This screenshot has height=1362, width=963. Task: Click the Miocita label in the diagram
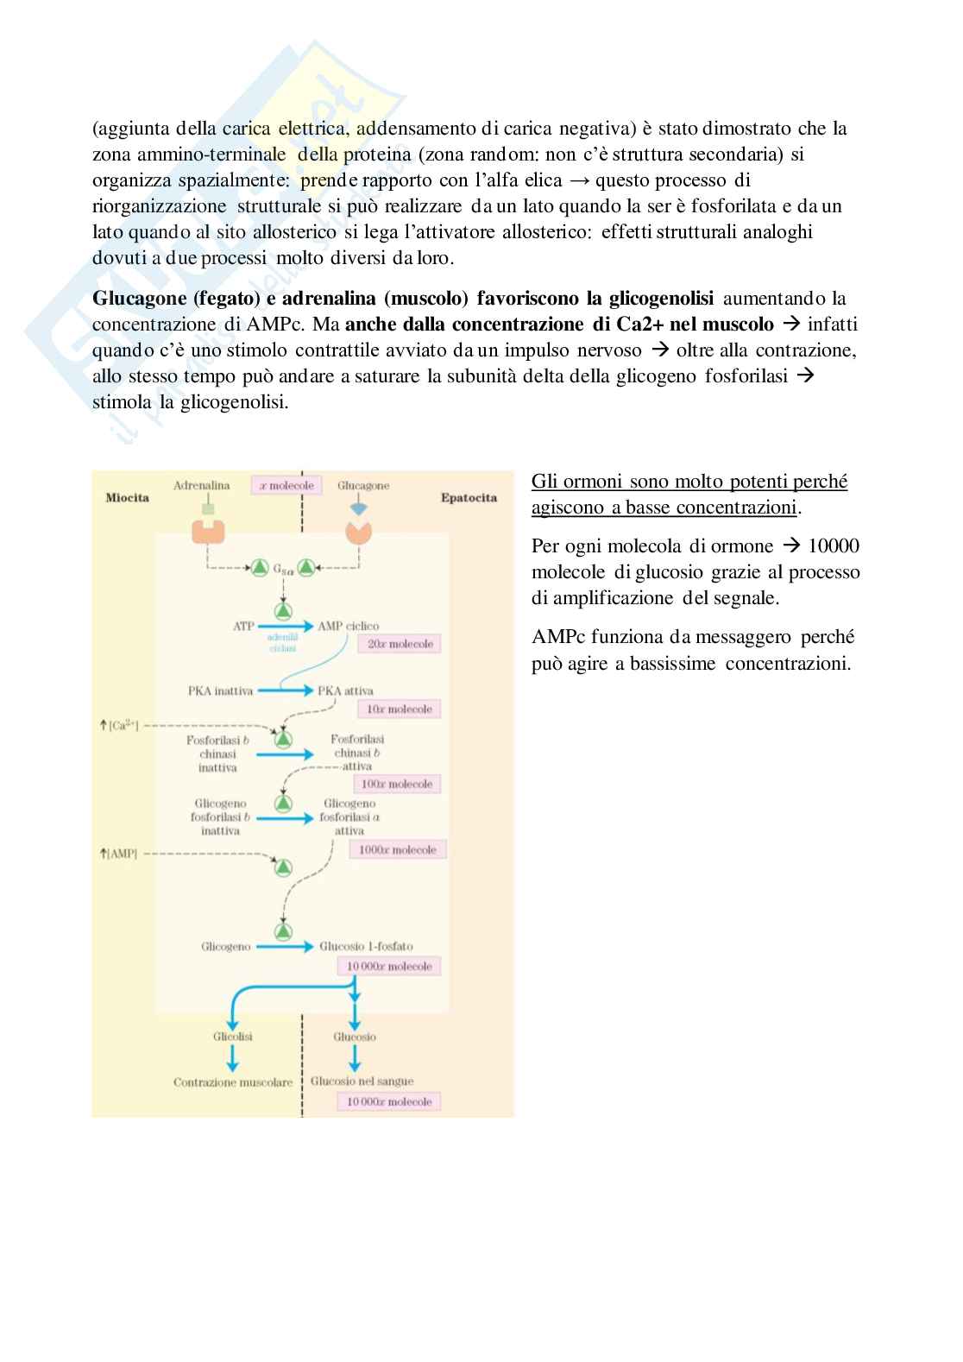pyautogui.click(x=127, y=498)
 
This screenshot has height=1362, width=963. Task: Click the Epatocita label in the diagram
pyautogui.click(x=469, y=498)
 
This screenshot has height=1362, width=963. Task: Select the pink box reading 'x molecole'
pyautogui.click(x=286, y=485)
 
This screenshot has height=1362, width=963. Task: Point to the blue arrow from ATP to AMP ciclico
pyautogui.click(x=283, y=626)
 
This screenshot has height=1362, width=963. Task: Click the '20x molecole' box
pyautogui.click(x=400, y=644)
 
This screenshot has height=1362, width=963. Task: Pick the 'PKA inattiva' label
pyautogui.click(x=220, y=690)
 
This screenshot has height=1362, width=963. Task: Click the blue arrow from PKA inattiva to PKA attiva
pyautogui.click(x=283, y=690)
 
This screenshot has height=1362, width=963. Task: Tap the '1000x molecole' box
pyautogui.click(x=397, y=850)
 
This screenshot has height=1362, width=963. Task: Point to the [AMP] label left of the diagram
pyautogui.click(x=118, y=854)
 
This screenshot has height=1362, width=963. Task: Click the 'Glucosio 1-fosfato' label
pyautogui.click(x=366, y=946)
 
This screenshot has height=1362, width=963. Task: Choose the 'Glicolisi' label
pyautogui.click(x=233, y=1037)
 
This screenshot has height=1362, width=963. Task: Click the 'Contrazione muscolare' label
pyautogui.click(x=233, y=1081)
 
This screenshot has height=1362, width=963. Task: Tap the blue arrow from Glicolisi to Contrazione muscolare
pyautogui.click(x=232, y=1059)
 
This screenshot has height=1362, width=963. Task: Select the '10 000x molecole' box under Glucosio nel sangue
pyautogui.click(x=389, y=1101)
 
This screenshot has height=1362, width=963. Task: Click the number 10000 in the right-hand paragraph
pyautogui.click(x=834, y=546)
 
